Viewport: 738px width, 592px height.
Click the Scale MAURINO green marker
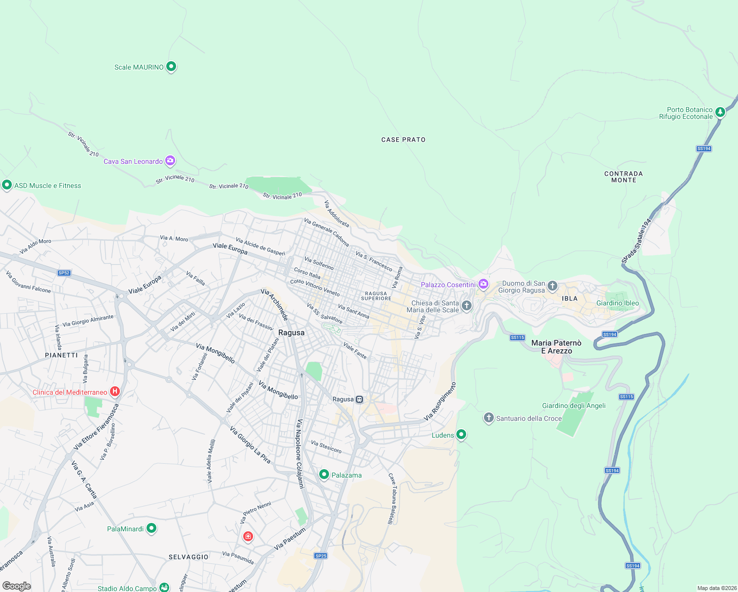(x=171, y=66)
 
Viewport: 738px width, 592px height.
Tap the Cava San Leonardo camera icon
(x=170, y=160)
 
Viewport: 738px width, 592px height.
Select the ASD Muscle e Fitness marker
(x=7, y=185)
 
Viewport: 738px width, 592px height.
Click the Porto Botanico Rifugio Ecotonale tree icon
(x=720, y=112)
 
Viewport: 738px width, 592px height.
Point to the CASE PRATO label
(x=403, y=140)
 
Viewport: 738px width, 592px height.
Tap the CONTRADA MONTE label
(x=624, y=177)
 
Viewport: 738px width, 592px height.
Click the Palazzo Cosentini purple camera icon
(x=483, y=284)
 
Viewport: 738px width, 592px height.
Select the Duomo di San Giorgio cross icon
(x=553, y=286)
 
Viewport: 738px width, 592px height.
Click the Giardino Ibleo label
(x=617, y=303)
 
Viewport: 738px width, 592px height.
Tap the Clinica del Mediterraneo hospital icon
(x=114, y=392)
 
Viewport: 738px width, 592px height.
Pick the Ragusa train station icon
(x=360, y=399)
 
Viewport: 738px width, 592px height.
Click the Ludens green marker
(x=461, y=435)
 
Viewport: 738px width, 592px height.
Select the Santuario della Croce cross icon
(x=488, y=418)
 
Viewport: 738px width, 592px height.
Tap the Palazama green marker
(x=324, y=474)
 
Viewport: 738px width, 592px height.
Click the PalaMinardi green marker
(x=151, y=528)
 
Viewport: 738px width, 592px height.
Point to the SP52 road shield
(x=64, y=273)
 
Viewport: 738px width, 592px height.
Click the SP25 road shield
(x=321, y=555)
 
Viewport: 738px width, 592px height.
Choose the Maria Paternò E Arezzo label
(x=556, y=347)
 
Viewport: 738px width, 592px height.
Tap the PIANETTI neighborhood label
(x=61, y=355)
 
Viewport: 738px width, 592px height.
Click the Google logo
(x=17, y=586)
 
